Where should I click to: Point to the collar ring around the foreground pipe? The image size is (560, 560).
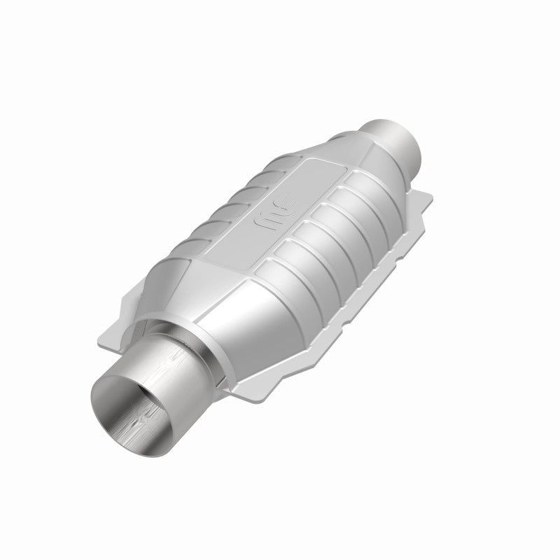(178, 332)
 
